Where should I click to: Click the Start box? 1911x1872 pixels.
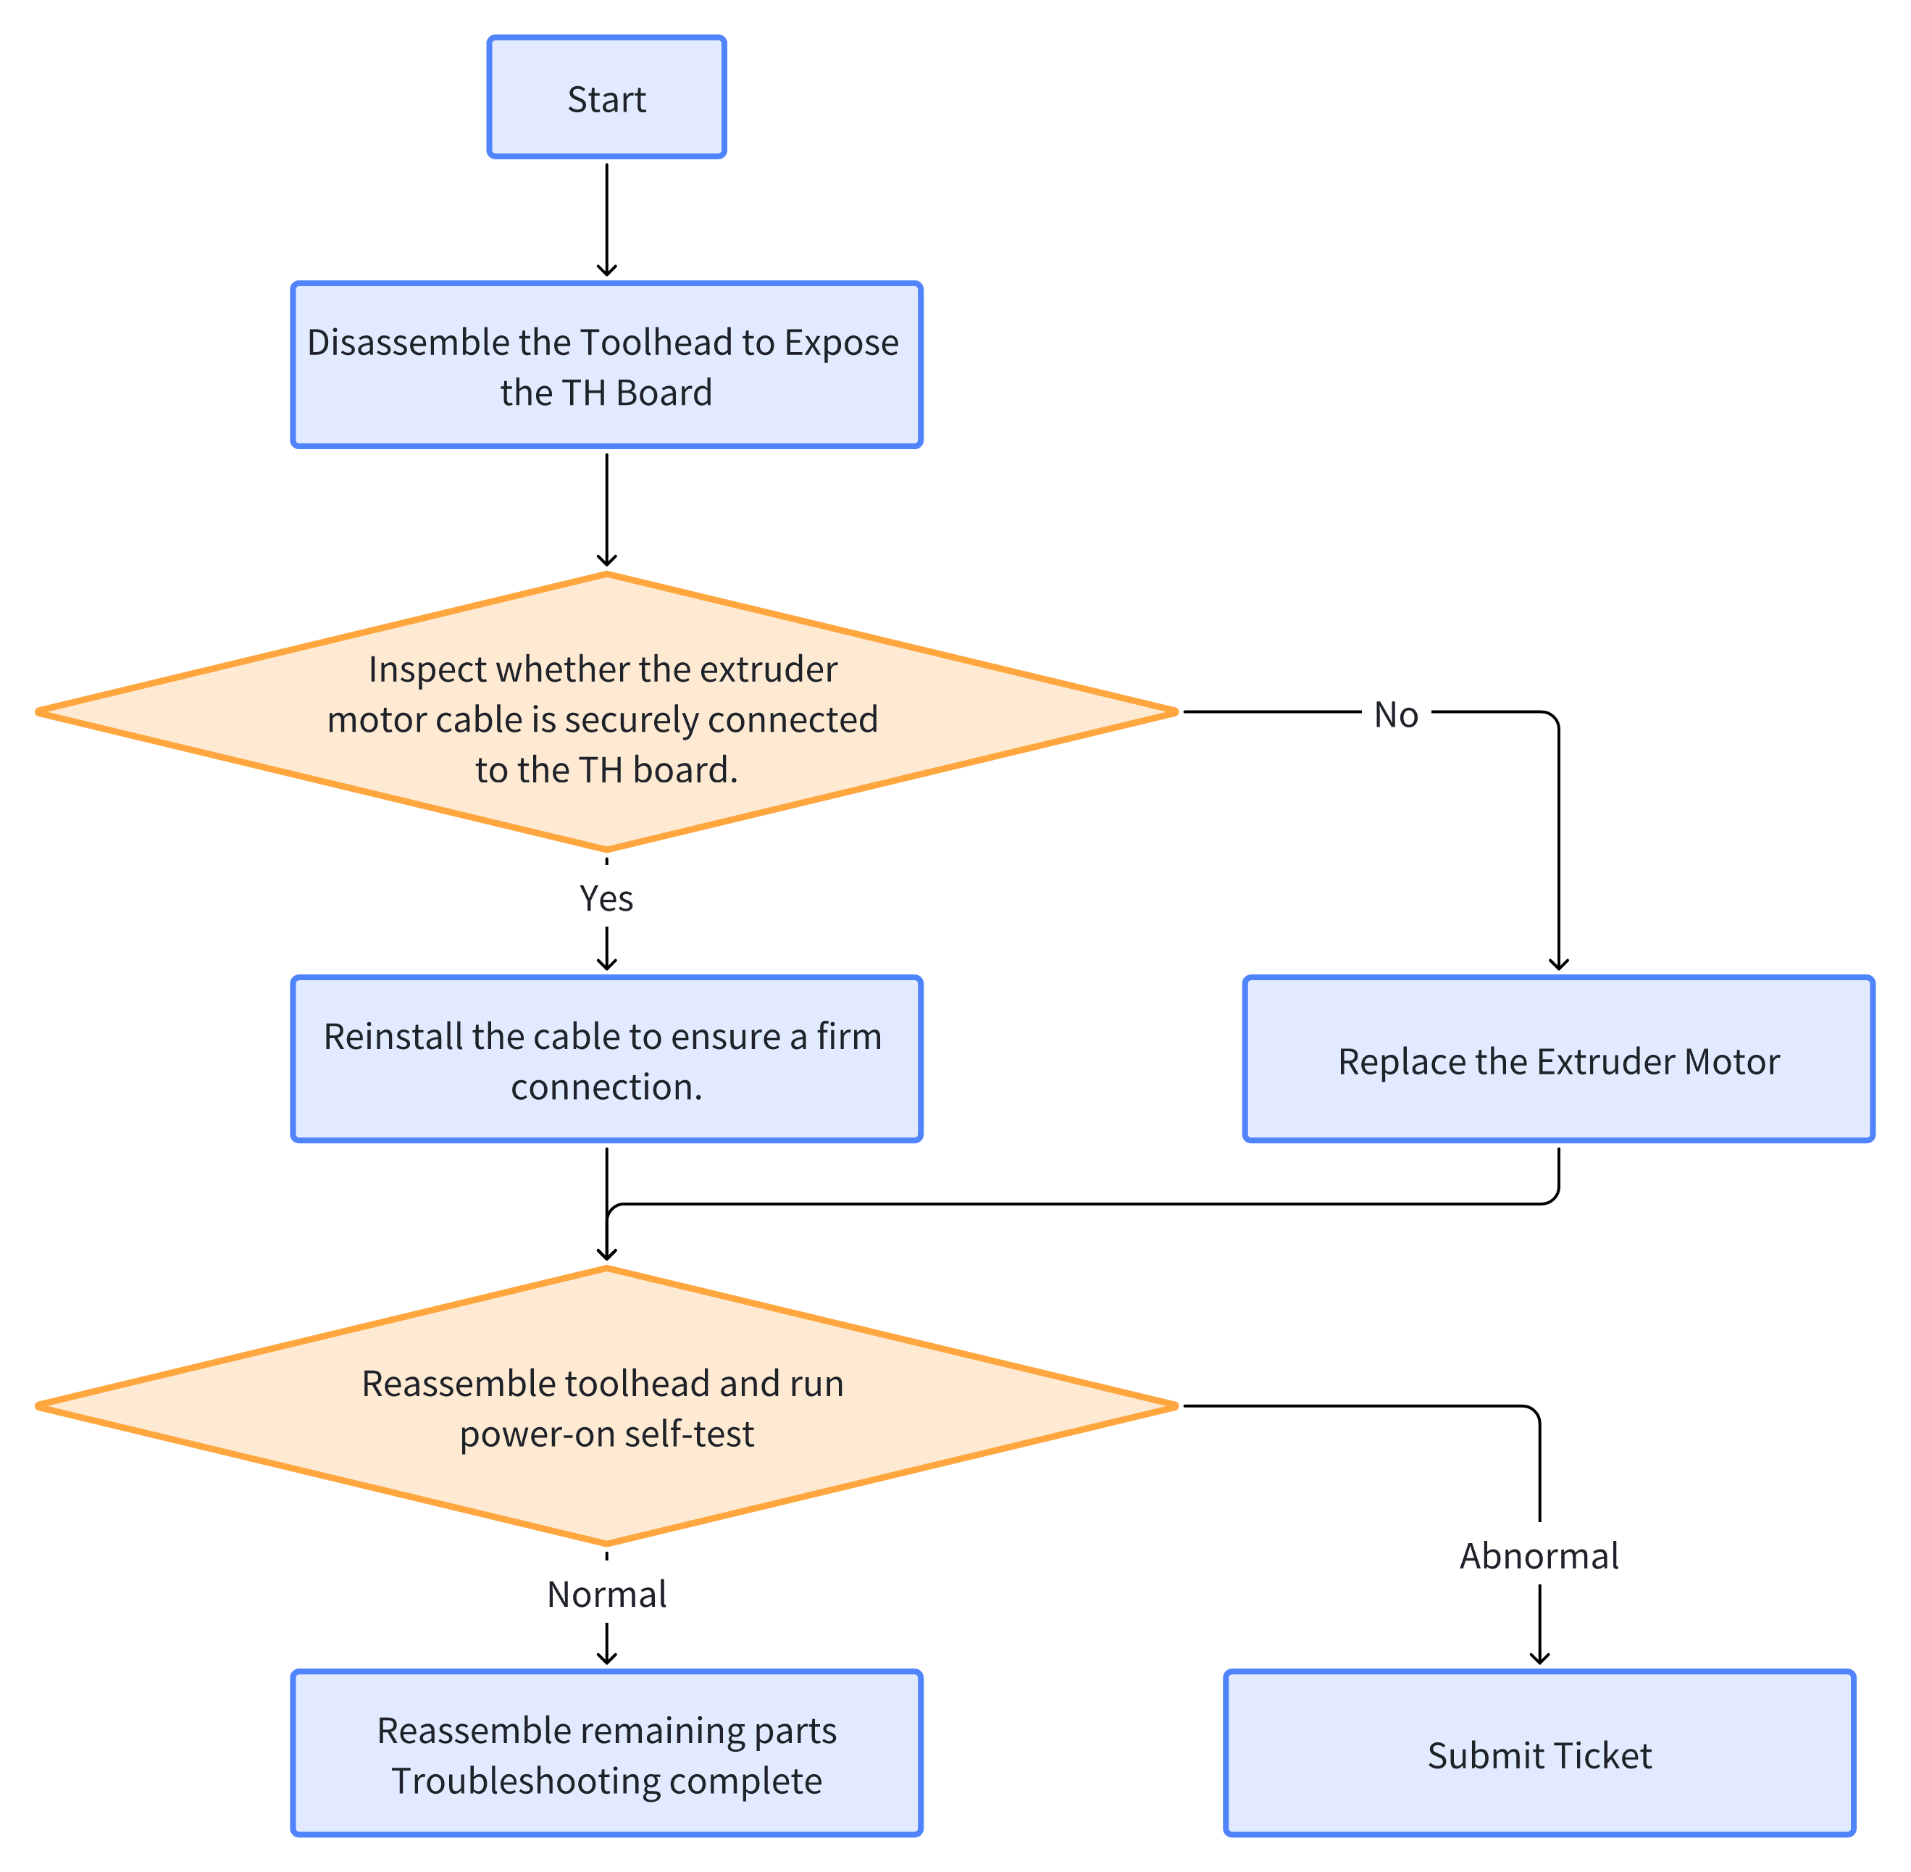coord(606,97)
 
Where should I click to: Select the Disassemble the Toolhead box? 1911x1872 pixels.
coord(606,366)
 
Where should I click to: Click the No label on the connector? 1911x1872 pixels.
coord(1396,715)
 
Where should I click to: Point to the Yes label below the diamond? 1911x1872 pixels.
coord(606,898)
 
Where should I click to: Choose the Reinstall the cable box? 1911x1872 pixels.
coord(606,1060)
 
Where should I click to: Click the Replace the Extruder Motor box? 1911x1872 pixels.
coord(1559,1060)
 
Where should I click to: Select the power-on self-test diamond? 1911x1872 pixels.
coord(606,1407)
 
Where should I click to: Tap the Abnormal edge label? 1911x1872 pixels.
coord(1539,1556)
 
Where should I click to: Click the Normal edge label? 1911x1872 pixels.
coord(606,1595)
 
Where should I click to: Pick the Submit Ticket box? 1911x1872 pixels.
coord(1539,1754)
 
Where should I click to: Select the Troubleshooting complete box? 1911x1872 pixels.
coord(606,1754)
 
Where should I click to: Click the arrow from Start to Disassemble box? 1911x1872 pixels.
coord(606,220)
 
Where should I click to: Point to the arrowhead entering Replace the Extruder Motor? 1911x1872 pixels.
coord(1559,964)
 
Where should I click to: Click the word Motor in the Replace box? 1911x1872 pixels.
coord(1732,1062)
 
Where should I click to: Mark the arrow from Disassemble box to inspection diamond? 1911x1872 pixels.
coord(606,510)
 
